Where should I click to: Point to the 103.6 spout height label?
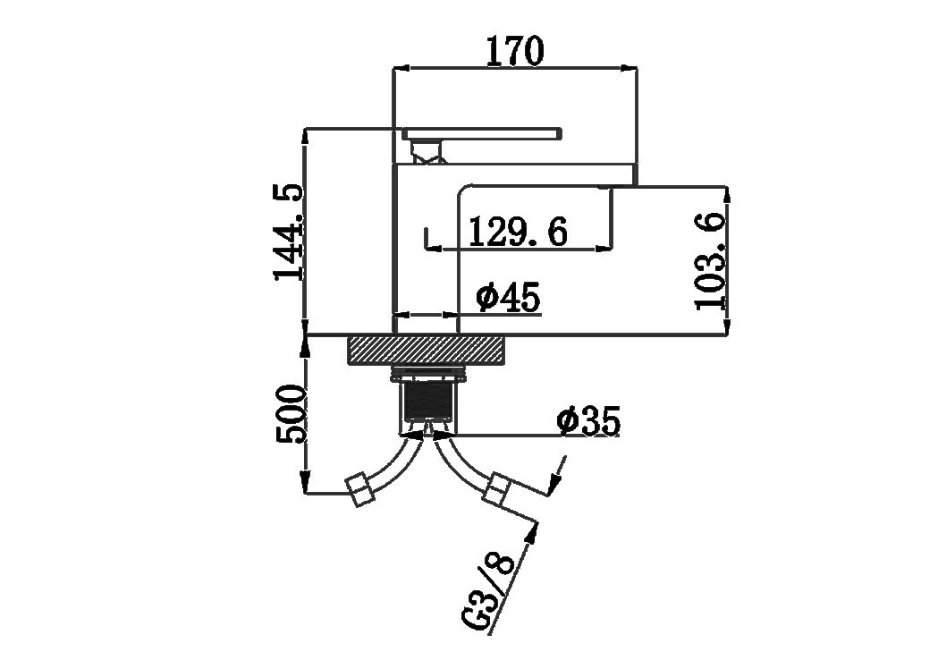coord(710,261)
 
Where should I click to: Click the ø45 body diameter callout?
coord(509,297)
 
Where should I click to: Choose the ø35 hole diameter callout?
coord(588,421)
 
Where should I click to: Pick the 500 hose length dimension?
coord(291,414)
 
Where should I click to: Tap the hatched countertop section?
coord(427,350)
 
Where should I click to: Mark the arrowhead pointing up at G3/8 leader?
coord(532,531)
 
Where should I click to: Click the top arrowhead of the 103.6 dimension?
coord(727,194)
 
